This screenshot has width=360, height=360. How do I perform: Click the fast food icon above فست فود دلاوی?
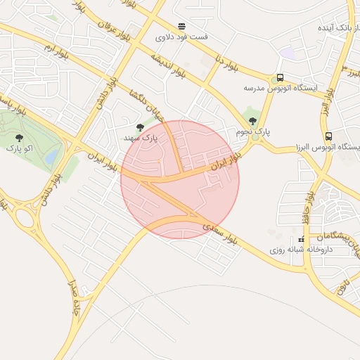pos(182,26)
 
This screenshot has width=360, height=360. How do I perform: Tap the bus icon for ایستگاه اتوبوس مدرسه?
pos(281,78)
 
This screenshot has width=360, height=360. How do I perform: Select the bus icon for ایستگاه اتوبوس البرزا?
pos(328,136)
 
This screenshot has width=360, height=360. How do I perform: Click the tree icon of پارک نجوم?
pos(252,121)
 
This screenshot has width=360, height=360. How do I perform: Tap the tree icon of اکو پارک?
pos(18,138)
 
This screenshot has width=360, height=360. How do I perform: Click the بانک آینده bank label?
pos(331,27)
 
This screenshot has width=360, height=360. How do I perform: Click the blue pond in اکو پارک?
pos(51,158)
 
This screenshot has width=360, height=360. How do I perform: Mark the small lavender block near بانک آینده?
pos(287,53)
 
